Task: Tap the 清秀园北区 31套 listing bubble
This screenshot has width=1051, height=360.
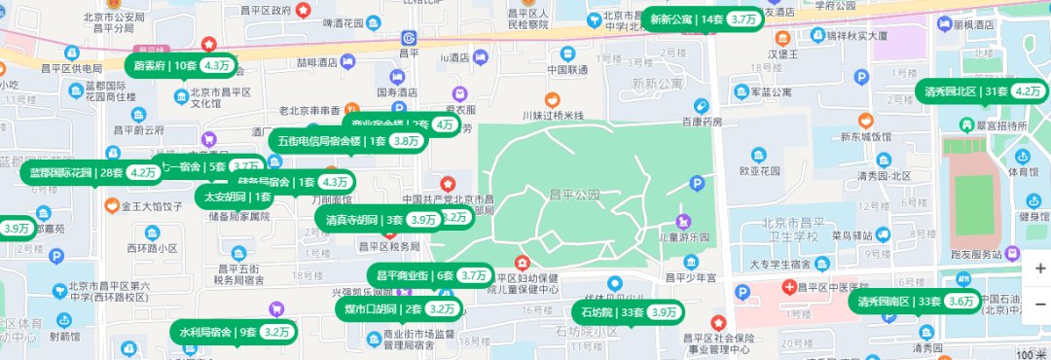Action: point(980,91)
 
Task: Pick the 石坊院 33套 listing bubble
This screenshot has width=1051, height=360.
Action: point(629,312)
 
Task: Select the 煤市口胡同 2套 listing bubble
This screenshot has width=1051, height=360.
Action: point(399,309)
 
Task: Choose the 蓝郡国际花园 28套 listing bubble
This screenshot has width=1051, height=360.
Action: point(91,172)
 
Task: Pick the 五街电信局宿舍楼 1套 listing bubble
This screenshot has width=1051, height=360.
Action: point(345,140)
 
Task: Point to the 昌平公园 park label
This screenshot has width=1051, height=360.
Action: point(572,195)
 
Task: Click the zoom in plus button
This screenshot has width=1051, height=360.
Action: point(1038,268)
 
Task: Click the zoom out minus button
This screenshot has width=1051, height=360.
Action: point(1038,304)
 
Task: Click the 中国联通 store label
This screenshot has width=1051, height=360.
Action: point(566,70)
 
